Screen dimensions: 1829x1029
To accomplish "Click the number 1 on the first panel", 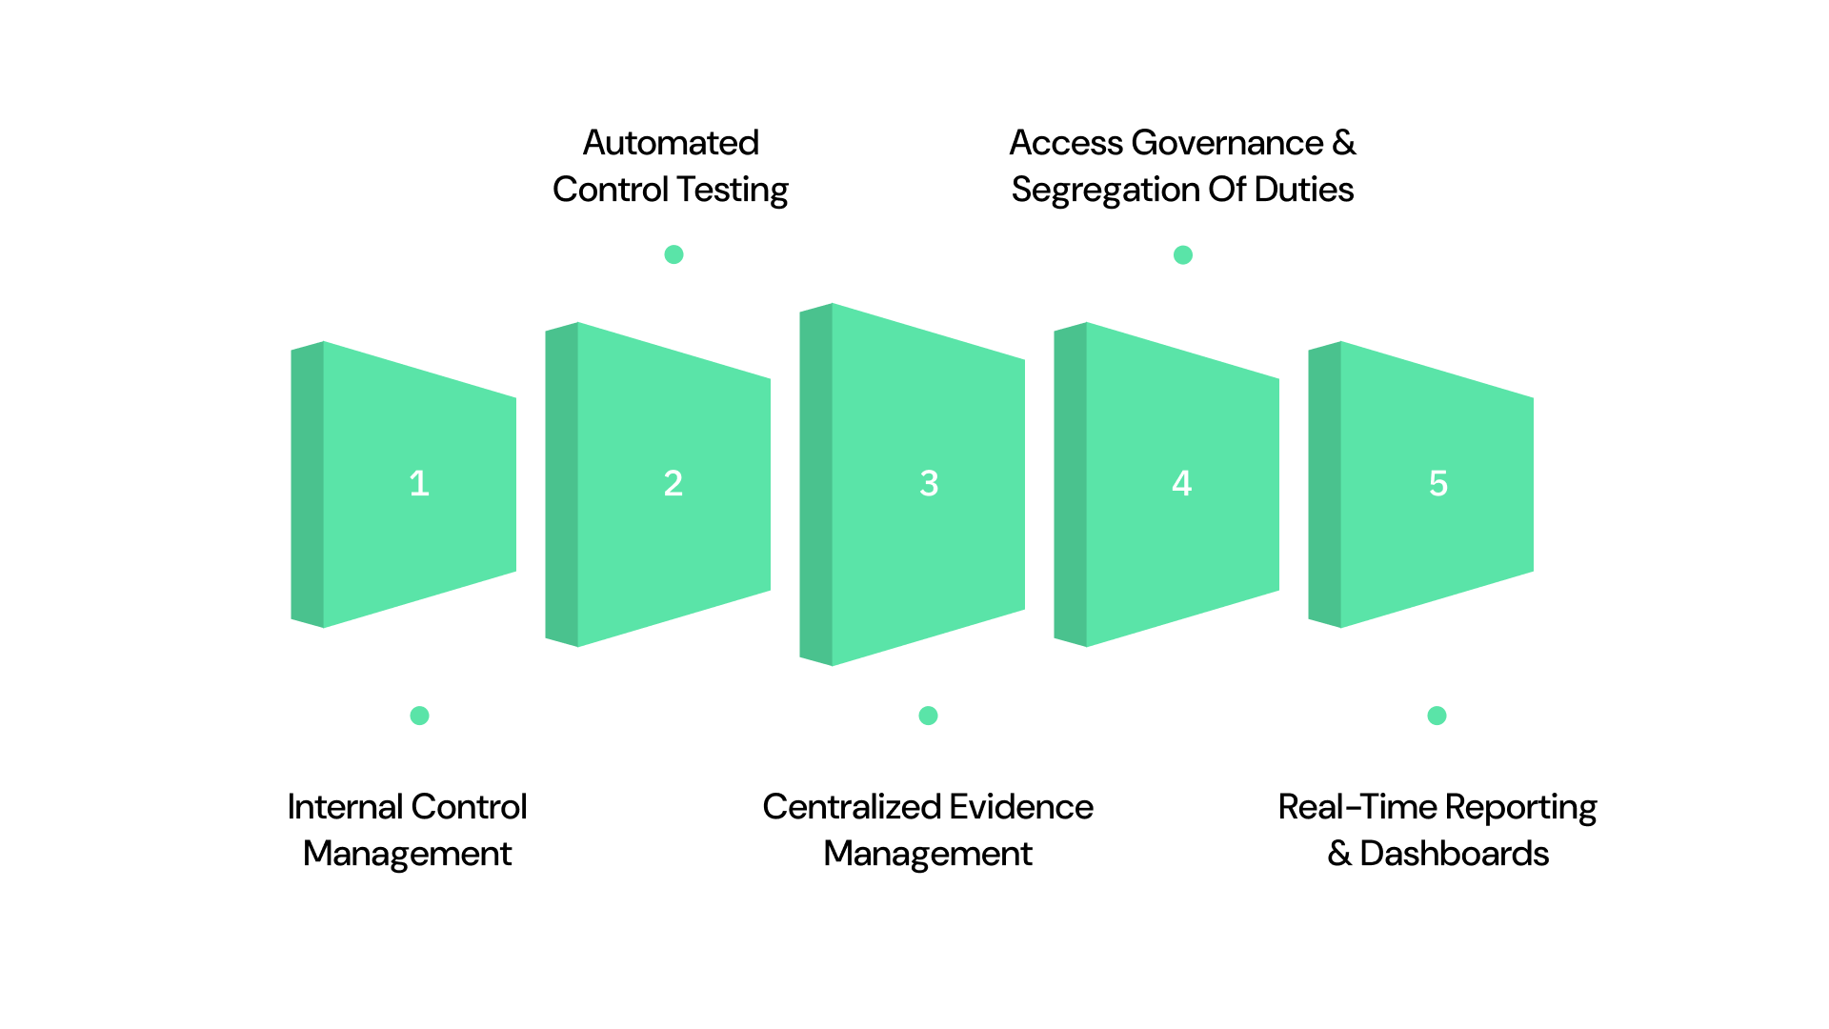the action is click(419, 483).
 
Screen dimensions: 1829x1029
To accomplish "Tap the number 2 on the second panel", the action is click(673, 483).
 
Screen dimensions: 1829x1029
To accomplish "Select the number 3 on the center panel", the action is click(929, 483).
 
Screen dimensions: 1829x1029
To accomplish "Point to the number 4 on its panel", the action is click(1182, 483).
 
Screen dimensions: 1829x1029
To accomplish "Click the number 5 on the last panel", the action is click(1437, 483).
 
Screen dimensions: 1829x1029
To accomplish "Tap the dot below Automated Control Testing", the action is click(673, 254).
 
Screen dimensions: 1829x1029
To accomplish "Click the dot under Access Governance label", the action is click(1183, 254).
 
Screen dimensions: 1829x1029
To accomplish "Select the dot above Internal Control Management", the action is click(419, 716).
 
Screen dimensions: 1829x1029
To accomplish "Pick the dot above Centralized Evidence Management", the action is click(929, 716).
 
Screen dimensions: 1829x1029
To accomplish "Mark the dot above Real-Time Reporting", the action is click(1437, 716).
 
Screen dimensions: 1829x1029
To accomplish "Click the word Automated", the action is click(671, 143).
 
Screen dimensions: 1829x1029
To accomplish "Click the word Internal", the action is click(344, 807).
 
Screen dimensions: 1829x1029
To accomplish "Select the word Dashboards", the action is click(1454, 854).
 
